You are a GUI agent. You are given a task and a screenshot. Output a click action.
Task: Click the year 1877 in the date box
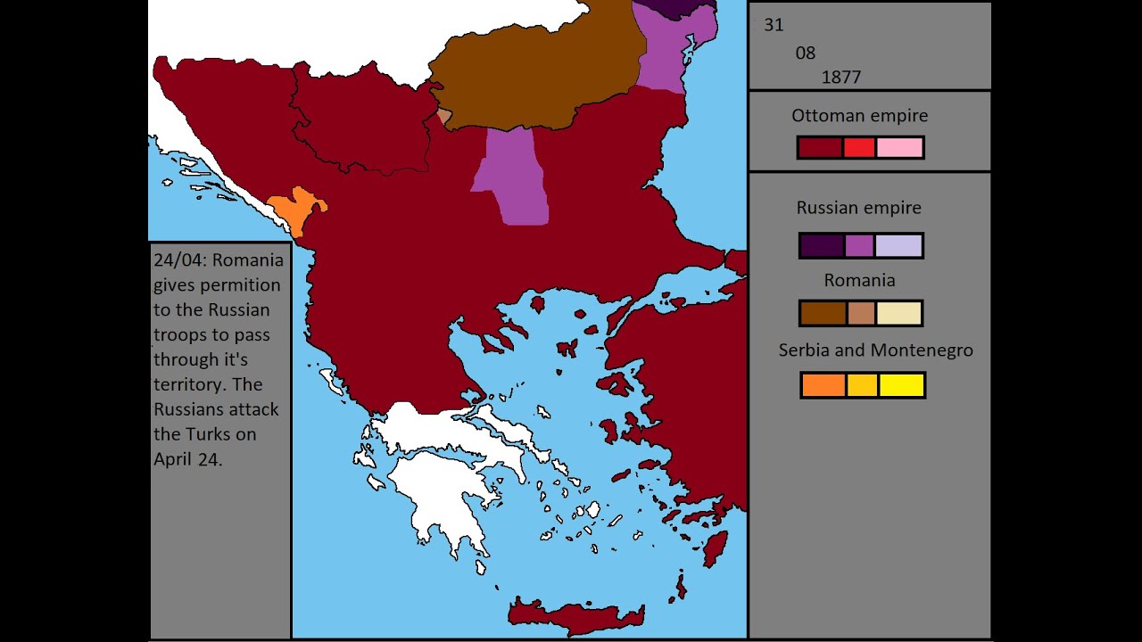[x=840, y=77]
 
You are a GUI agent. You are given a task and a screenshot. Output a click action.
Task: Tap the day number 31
[x=774, y=25]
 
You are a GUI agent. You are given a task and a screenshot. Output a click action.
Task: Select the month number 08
[x=805, y=53]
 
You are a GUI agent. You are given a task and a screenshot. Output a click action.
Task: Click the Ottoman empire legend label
[x=859, y=116]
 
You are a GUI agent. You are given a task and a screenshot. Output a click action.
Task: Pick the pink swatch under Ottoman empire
[x=899, y=148]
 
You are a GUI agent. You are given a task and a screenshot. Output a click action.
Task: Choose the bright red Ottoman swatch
[x=859, y=148]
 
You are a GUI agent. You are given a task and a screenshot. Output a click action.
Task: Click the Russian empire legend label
[x=858, y=208]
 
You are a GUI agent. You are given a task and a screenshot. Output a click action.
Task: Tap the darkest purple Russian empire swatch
[x=821, y=246]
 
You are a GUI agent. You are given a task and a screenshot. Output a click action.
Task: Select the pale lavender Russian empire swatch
[x=898, y=246]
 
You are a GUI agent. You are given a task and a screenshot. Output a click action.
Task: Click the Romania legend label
[x=859, y=280]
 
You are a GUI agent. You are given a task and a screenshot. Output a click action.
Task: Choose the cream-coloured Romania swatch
[x=898, y=314]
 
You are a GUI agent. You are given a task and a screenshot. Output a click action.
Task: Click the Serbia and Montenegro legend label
[x=875, y=350]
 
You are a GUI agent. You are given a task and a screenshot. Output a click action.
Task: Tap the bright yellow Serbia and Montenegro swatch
[x=901, y=385]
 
